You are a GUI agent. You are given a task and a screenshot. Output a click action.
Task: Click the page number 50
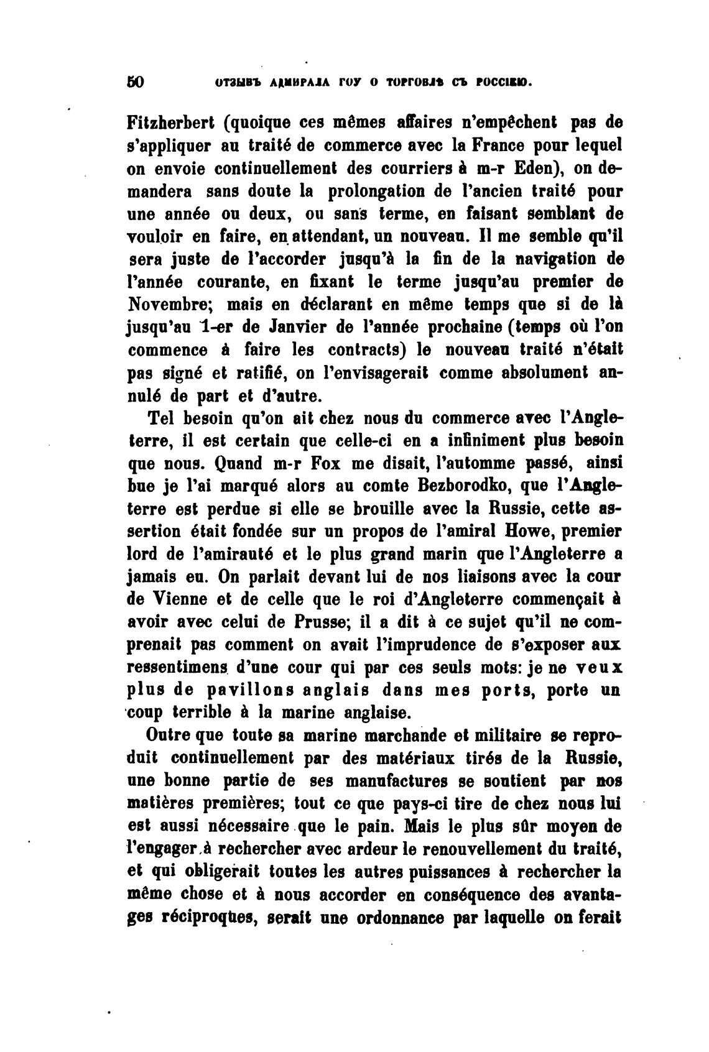pyautogui.click(x=135, y=82)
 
